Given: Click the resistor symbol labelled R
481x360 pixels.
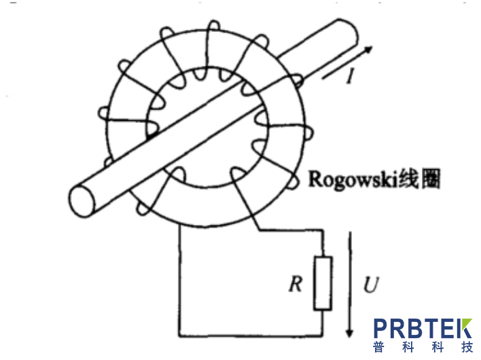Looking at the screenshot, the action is pyautogui.click(x=323, y=283).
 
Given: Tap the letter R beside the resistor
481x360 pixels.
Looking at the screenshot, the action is pyautogui.click(x=296, y=284).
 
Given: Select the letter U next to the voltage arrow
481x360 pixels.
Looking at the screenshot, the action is pyautogui.click(x=371, y=285).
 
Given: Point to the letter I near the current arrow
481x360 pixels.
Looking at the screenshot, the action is pyautogui.click(x=350, y=76).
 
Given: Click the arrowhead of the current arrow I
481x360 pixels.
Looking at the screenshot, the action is pyautogui.click(x=368, y=50).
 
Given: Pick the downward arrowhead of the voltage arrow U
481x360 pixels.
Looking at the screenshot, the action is pyautogui.click(x=349, y=333).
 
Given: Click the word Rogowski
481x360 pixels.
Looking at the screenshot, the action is pyautogui.click(x=353, y=179).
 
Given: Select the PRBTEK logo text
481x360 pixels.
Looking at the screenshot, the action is pyautogui.click(x=423, y=329).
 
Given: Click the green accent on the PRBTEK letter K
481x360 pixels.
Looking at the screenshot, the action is pyautogui.click(x=467, y=323).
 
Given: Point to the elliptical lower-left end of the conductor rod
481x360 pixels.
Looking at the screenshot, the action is pyautogui.click(x=82, y=202).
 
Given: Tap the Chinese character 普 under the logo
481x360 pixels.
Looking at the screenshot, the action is pyautogui.click(x=379, y=347).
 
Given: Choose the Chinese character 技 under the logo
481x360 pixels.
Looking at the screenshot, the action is pyautogui.click(x=467, y=347).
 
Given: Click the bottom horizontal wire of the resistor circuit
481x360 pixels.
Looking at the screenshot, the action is pyautogui.click(x=251, y=336).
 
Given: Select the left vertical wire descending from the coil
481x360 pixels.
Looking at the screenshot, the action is pyautogui.click(x=180, y=281).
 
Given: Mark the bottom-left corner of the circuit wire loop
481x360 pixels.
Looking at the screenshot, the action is pyautogui.click(x=180, y=336).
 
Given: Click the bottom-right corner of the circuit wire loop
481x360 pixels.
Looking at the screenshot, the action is pyautogui.click(x=323, y=336).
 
